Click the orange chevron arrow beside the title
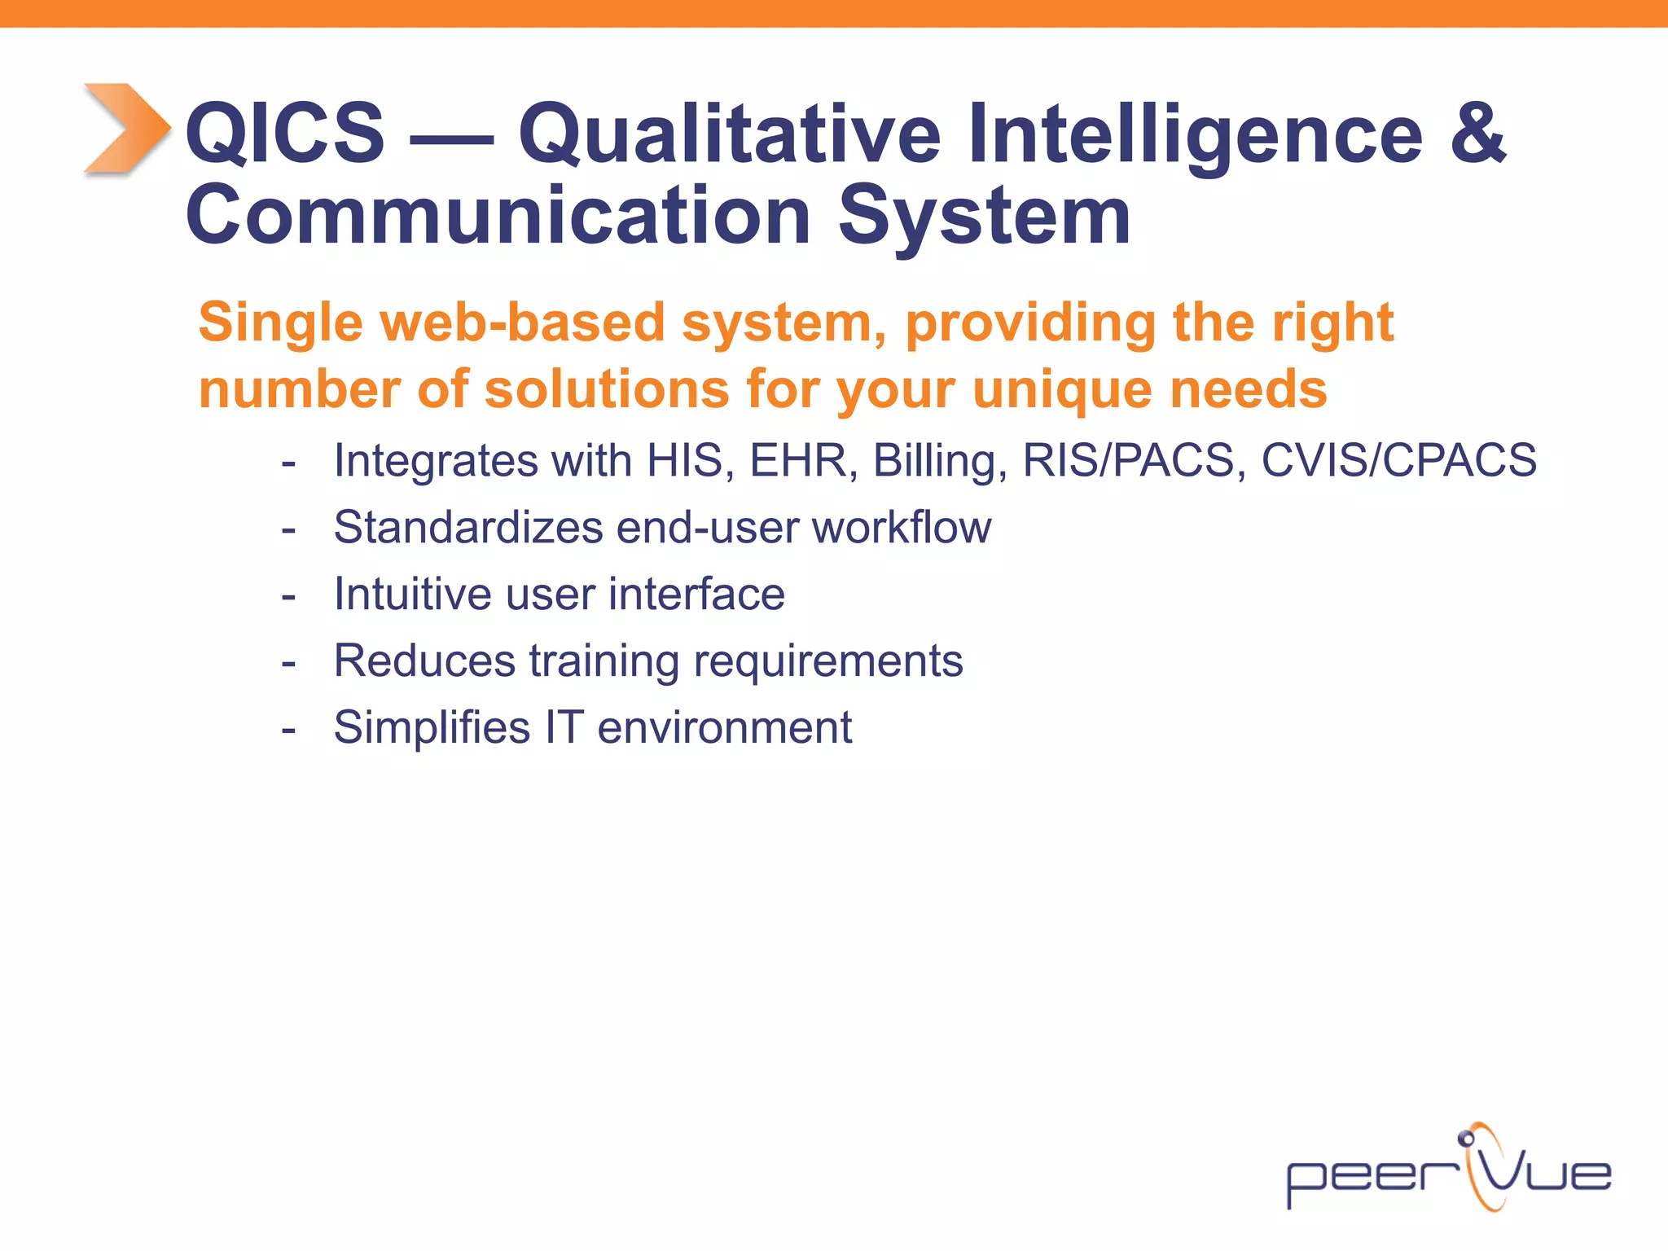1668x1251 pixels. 126,129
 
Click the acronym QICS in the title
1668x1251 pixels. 284,132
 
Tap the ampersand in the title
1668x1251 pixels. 1477,132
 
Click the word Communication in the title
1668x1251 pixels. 498,215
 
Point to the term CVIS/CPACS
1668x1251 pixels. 1398,461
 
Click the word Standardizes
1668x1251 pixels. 468,528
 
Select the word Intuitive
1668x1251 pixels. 412,595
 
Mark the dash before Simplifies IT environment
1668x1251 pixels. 288,729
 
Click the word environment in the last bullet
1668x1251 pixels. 724,728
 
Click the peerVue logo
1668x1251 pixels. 1448,1170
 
